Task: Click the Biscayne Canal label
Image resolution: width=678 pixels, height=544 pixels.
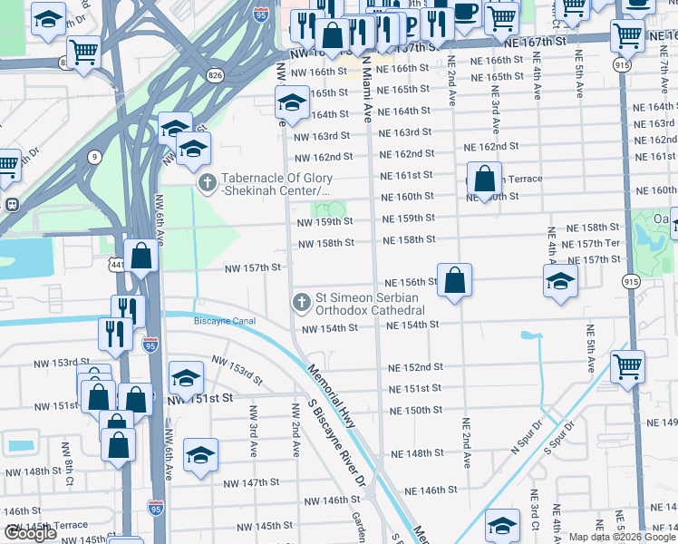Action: [225, 321]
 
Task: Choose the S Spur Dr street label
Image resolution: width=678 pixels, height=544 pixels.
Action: [560, 433]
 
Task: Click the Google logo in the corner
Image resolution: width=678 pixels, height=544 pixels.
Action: [30, 533]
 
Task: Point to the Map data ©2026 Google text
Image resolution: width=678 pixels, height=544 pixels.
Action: [621, 537]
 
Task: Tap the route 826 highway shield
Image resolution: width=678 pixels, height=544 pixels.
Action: [215, 74]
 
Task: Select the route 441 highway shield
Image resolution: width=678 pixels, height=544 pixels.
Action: [116, 264]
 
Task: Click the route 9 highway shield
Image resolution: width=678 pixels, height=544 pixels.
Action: [94, 156]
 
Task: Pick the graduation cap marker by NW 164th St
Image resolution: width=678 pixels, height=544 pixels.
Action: [292, 102]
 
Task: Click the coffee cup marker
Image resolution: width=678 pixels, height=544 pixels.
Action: [466, 12]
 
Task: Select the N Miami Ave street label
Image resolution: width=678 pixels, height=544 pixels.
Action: [367, 91]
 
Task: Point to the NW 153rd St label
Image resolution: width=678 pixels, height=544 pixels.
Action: [237, 368]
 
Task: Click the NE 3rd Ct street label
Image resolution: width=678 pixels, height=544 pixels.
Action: [536, 513]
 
